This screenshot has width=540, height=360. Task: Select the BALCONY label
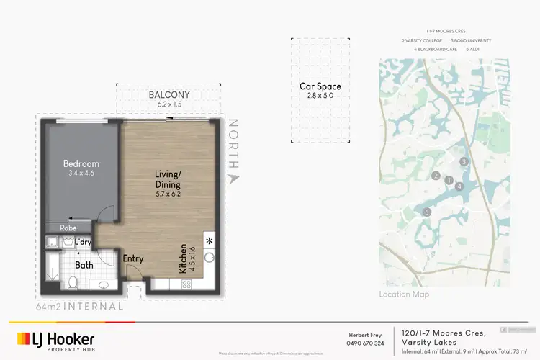[x=168, y=94]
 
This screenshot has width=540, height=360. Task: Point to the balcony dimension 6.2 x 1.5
[x=168, y=104]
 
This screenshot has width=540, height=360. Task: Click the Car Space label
[x=320, y=86]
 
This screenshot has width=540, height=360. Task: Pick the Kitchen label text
[x=184, y=258]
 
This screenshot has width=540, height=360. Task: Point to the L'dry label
[x=82, y=243]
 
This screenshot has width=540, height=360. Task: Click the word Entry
[x=133, y=258]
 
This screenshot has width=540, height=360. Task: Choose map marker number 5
[x=427, y=212]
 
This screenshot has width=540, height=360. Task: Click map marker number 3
[x=464, y=161]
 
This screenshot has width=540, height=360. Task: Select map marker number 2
[x=436, y=176]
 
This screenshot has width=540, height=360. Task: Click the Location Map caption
[x=404, y=294]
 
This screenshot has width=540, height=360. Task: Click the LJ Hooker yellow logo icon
[x=23, y=338]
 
